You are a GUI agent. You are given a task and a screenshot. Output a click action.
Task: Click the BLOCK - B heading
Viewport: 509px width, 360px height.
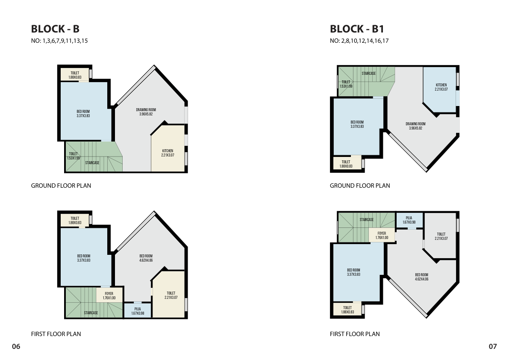(55, 29)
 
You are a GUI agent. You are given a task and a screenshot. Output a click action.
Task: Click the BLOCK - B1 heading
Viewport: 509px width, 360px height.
(357, 29)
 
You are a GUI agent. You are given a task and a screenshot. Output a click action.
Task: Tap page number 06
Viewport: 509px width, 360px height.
(16, 346)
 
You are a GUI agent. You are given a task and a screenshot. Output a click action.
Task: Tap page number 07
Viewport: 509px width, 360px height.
(493, 346)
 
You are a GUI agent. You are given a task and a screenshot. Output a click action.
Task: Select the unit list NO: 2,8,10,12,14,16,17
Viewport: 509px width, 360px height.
(359, 41)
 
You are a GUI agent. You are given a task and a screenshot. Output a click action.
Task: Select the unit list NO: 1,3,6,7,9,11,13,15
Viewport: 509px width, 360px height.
(59, 41)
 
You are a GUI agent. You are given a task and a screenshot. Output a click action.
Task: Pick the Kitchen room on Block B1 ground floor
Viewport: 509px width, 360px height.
(441, 89)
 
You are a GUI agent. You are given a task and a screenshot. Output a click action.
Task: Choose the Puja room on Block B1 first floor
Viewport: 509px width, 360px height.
(409, 220)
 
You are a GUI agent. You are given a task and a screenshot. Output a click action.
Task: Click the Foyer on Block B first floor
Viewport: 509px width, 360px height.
(109, 295)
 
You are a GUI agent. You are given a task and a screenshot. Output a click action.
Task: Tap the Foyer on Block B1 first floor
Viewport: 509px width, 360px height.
(382, 235)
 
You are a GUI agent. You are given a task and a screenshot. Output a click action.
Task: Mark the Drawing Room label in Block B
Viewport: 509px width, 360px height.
(146, 112)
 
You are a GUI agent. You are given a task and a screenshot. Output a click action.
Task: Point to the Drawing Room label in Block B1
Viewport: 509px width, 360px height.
(415, 126)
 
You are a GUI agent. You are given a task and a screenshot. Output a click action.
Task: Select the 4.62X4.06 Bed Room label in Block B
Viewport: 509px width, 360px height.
(146, 258)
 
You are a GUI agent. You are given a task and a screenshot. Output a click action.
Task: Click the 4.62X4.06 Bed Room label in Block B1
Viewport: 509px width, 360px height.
(422, 277)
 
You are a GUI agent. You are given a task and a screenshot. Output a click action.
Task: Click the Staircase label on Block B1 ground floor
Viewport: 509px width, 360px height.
(369, 74)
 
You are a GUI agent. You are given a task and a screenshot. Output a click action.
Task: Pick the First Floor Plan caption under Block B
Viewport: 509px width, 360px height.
(56, 334)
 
